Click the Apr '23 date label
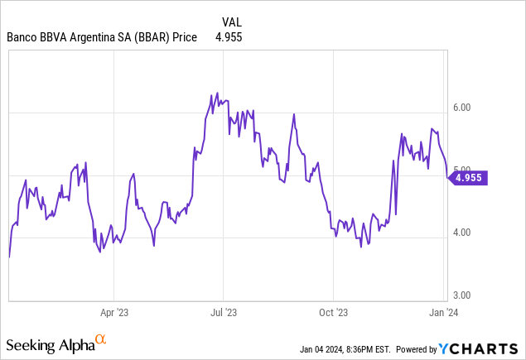(114, 313)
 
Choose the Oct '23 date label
(333, 313)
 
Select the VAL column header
(234, 22)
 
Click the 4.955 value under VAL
(228, 37)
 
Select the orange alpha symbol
(101, 339)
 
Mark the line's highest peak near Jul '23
(217, 93)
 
